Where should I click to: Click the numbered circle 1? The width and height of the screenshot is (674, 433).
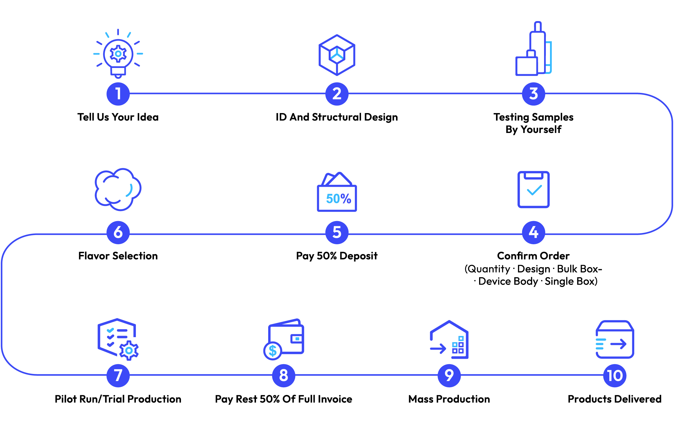[118, 94]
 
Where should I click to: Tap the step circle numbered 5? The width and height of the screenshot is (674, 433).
[337, 232]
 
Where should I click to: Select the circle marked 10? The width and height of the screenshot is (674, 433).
[615, 375]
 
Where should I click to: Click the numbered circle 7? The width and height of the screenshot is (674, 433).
[118, 375]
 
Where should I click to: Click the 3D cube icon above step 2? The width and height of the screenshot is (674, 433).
[337, 55]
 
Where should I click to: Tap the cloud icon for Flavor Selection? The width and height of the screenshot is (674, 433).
[118, 189]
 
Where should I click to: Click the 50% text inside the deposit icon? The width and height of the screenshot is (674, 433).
[338, 199]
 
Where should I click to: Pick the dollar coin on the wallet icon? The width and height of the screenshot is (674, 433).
[272, 351]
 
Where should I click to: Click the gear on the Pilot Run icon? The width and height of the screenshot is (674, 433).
[129, 350]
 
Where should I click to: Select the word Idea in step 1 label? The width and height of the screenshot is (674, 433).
[147, 117]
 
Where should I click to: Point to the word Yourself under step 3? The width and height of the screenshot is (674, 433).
[541, 130]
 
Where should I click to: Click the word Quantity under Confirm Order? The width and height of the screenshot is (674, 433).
[489, 269]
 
